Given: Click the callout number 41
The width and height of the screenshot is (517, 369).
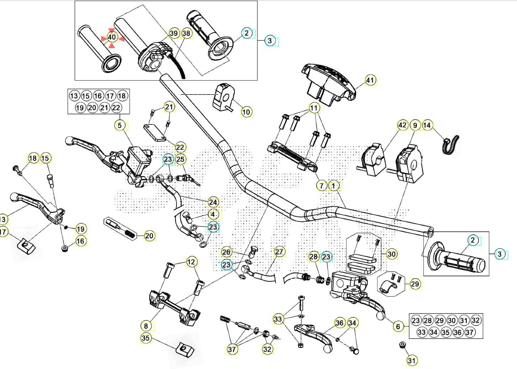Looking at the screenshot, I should [x=370, y=80].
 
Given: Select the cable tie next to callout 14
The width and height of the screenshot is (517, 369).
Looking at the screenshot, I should [x=450, y=144].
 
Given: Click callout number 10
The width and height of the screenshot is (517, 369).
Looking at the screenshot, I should [x=246, y=112].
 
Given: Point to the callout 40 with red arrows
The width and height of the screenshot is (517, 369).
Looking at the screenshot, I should [x=112, y=37].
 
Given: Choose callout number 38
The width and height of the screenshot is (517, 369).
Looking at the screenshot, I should [x=186, y=33].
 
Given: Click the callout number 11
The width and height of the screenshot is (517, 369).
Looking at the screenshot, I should [x=314, y=108].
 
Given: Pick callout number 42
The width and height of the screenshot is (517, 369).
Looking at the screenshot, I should [x=402, y=125].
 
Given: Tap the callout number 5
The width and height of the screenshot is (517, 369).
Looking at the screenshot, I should [x=120, y=125].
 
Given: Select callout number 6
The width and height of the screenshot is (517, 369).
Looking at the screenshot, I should [x=398, y=326].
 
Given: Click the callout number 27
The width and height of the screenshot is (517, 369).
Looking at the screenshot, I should [x=279, y=252].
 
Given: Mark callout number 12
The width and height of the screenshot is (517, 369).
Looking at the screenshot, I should [x=191, y=262].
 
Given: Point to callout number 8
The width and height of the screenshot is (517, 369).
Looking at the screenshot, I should [x=146, y=326].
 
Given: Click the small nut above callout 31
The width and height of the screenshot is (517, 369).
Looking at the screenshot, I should [x=402, y=345].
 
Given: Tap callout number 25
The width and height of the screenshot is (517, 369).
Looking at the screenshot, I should [x=180, y=159].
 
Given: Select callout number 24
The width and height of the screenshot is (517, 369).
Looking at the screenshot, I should [x=212, y=202].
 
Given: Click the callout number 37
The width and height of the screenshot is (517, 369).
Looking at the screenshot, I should [x=232, y=349].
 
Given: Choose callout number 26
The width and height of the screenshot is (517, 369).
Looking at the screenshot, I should [x=227, y=252].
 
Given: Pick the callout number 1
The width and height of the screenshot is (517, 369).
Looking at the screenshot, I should [x=334, y=186].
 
